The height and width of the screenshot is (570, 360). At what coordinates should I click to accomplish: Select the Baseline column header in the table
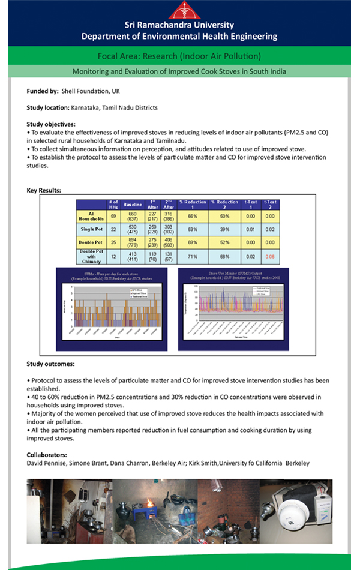[132, 204]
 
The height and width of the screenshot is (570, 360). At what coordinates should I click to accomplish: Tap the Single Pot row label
[92, 229]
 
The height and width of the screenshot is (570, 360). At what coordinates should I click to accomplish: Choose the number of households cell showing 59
[113, 215]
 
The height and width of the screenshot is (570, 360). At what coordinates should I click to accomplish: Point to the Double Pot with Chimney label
[92, 256]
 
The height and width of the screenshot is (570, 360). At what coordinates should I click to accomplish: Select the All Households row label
[92, 216]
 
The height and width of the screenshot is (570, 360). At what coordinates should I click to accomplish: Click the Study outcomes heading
[51, 364]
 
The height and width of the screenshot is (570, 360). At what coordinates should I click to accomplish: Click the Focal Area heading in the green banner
[179, 56]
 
